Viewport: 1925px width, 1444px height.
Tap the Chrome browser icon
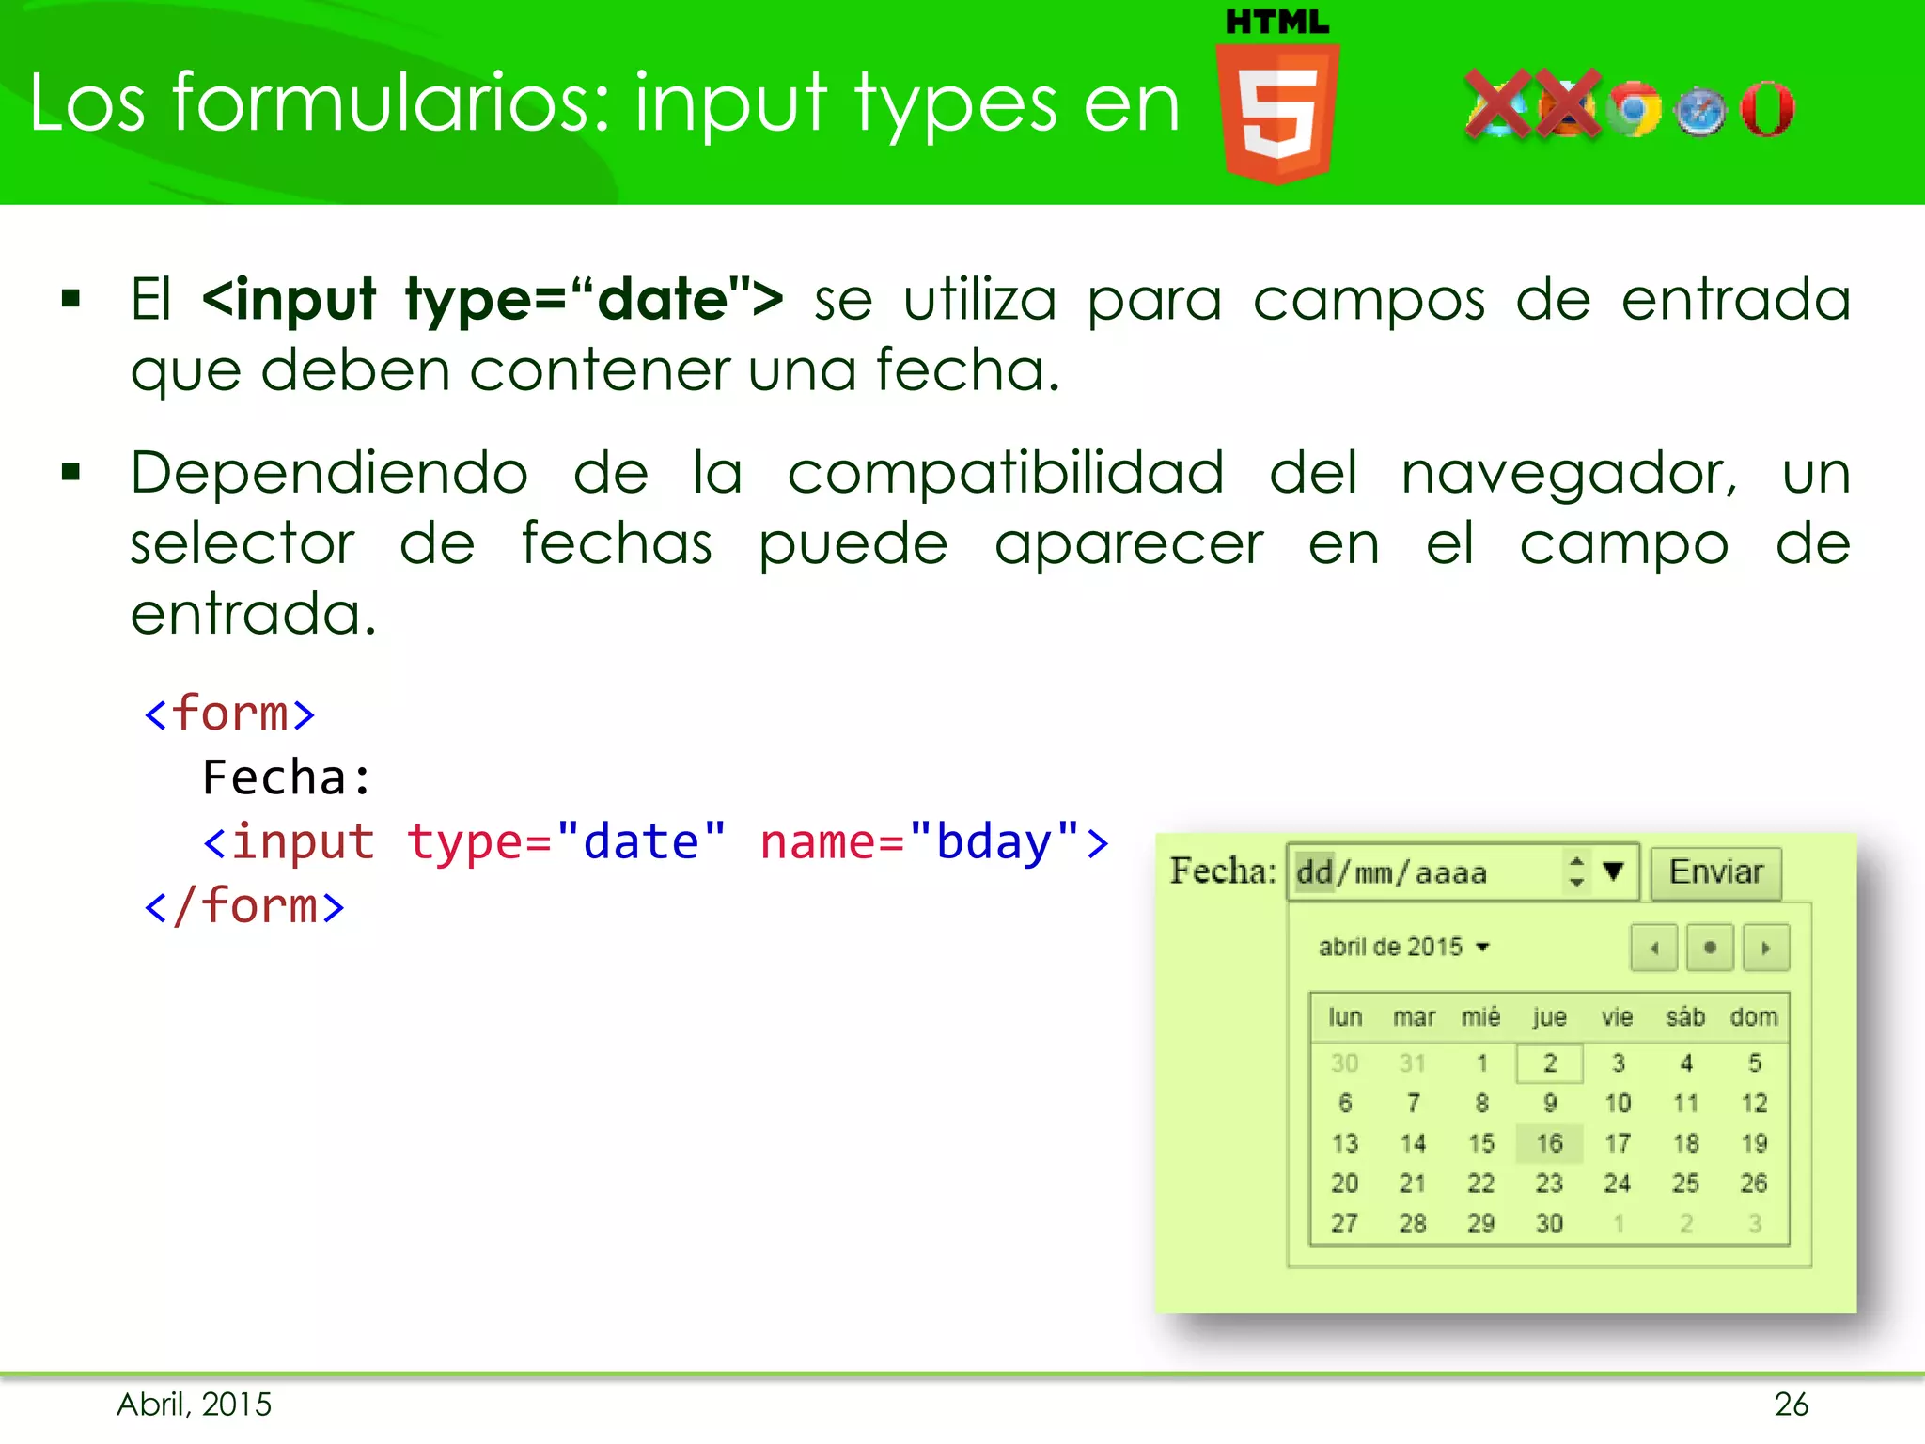coord(1635,110)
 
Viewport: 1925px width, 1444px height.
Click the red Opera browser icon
coord(1767,110)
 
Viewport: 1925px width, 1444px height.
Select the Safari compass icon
coord(1700,112)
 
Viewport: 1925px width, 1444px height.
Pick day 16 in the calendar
coord(1549,1143)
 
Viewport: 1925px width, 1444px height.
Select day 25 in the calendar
coord(1685,1183)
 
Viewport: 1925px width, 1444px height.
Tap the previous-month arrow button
coord(1654,948)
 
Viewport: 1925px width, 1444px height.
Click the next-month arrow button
coord(1765,948)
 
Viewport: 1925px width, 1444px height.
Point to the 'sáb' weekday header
coord(1685,1017)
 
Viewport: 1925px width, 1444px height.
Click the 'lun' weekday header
coord(1345,1017)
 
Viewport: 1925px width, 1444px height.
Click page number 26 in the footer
coord(1791,1405)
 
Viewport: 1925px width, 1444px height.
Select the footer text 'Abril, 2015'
coord(195,1405)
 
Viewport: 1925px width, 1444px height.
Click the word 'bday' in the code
coord(994,842)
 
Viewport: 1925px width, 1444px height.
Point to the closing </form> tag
coord(244,906)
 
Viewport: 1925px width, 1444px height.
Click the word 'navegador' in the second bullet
coord(1568,473)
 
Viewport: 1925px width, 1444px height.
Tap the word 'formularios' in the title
coord(391,103)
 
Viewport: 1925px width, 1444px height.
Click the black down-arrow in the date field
coord(1614,871)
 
